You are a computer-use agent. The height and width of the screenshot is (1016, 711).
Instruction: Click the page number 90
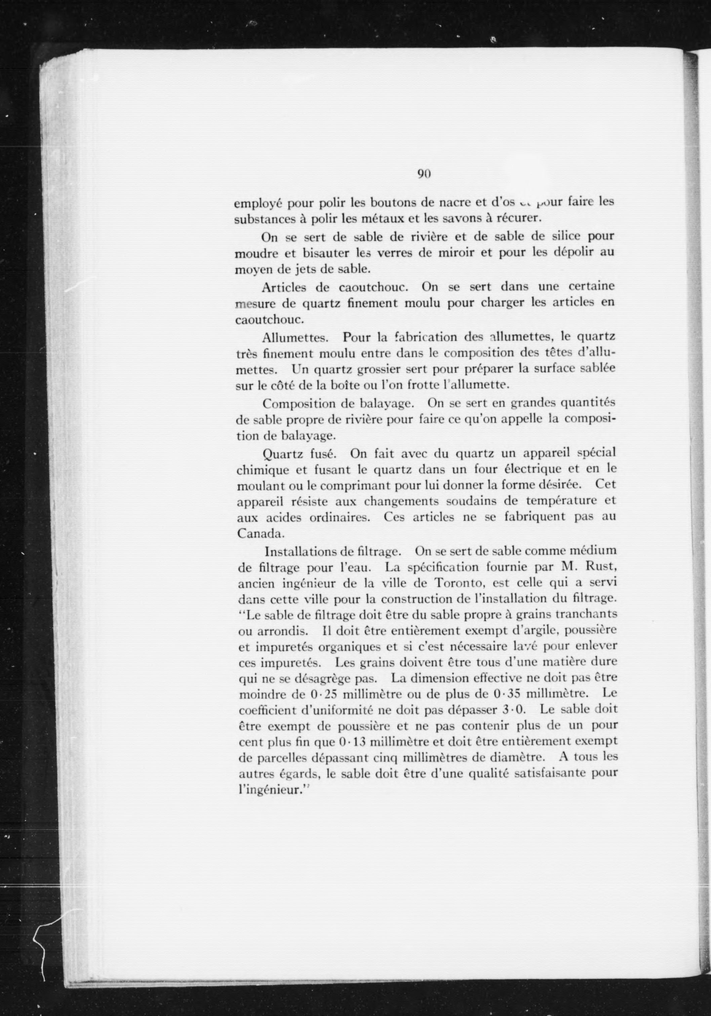(x=424, y=174)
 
